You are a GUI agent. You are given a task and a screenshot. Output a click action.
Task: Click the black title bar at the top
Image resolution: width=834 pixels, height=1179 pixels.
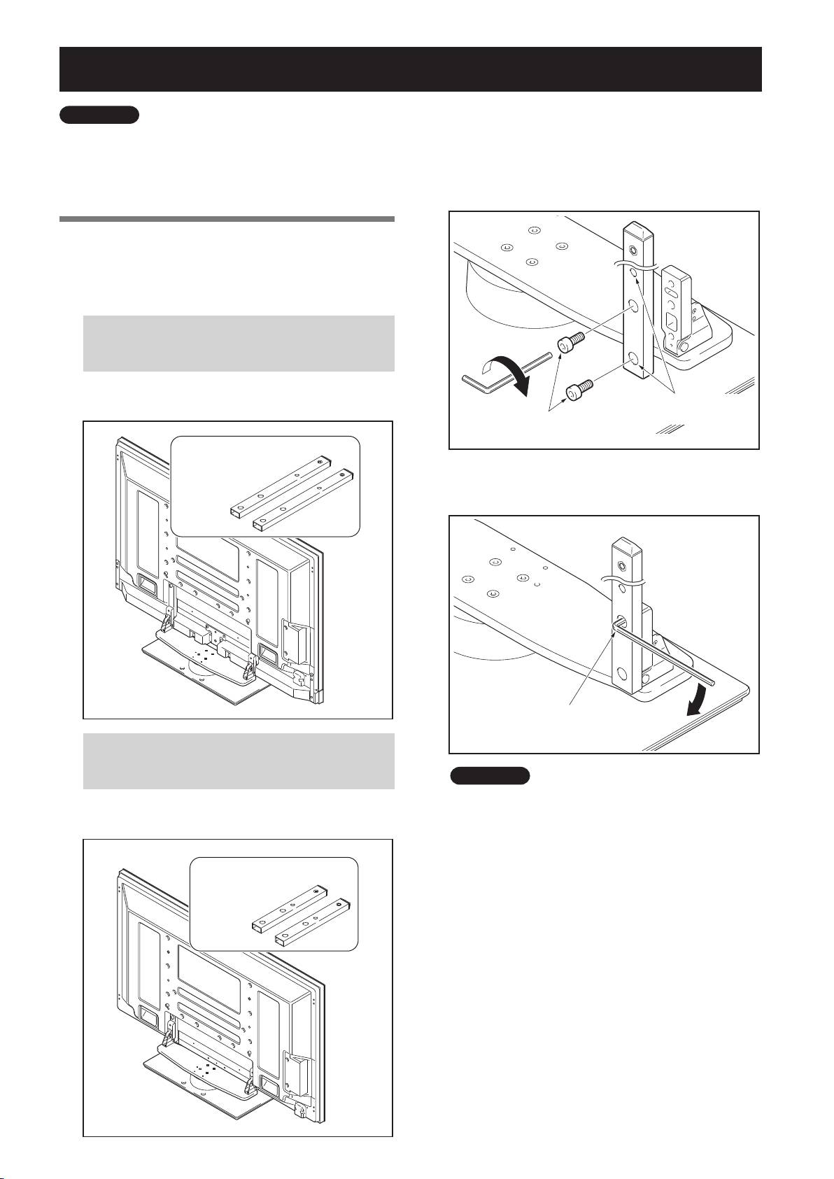tap(410, 69)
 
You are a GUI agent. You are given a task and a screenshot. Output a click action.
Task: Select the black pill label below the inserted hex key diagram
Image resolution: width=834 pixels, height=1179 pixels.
tap(489, 775)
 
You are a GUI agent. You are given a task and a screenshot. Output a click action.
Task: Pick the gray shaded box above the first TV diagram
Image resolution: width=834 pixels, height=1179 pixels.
tap(239, 343)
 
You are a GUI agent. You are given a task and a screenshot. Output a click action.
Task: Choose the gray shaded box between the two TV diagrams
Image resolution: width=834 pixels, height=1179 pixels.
tap(239, 761)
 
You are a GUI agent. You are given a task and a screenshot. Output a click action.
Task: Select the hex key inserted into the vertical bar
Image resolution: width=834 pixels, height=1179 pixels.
tap(665, 651)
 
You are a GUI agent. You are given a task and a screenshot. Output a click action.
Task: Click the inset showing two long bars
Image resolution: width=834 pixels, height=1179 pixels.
tap(265, 486)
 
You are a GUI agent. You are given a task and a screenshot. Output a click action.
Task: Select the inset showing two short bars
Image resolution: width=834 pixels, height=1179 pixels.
tap(274, 903)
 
